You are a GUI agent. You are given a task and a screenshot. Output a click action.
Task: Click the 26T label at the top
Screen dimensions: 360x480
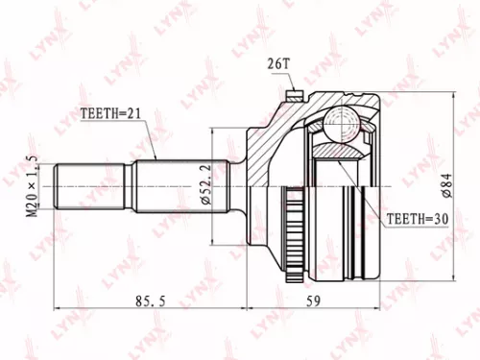(x=278, y=64)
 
